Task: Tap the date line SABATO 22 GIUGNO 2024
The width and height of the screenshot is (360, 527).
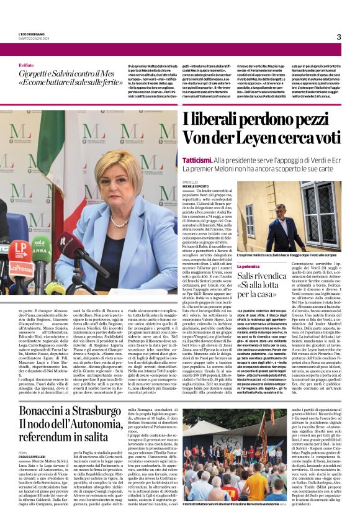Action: tap(34, 38)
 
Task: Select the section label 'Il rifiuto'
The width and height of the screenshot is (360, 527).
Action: tap(28, 65)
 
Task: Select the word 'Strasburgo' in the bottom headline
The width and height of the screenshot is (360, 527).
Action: tap(101, 412)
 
